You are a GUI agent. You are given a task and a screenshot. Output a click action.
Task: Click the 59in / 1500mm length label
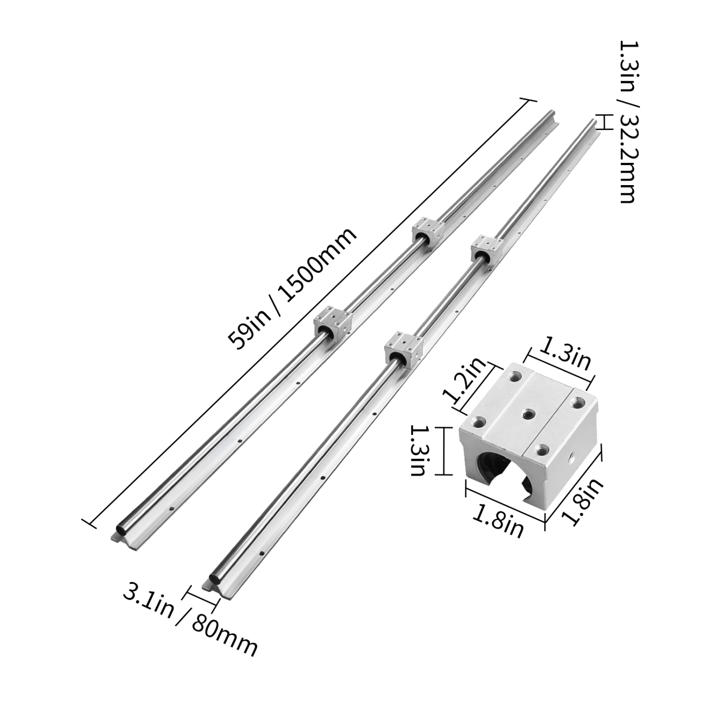[291, 289]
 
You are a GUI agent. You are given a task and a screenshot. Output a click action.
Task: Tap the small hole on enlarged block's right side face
[571, 460]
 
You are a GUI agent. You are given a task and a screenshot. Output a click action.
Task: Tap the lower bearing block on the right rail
[403, 350]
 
